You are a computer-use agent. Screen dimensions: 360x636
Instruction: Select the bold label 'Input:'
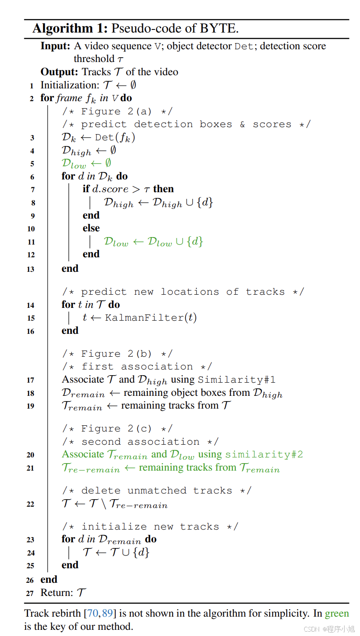click(55, 46)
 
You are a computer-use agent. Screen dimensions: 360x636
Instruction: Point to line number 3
click(32, 138)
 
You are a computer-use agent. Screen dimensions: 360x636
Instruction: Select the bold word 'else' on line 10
click(91, 228)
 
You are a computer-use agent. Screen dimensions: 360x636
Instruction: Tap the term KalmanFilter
click(143, 318)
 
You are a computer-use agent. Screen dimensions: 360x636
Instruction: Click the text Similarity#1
click(237, 380)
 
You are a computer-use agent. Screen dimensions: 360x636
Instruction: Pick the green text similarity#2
click(264, 454)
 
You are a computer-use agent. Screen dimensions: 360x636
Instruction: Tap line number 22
click(30, 504)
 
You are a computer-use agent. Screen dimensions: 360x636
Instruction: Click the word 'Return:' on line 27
click(56, 592)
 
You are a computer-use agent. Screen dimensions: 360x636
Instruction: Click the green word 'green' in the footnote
click(337, 614)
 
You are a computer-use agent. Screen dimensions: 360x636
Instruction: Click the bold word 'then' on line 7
click(163, 189)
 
